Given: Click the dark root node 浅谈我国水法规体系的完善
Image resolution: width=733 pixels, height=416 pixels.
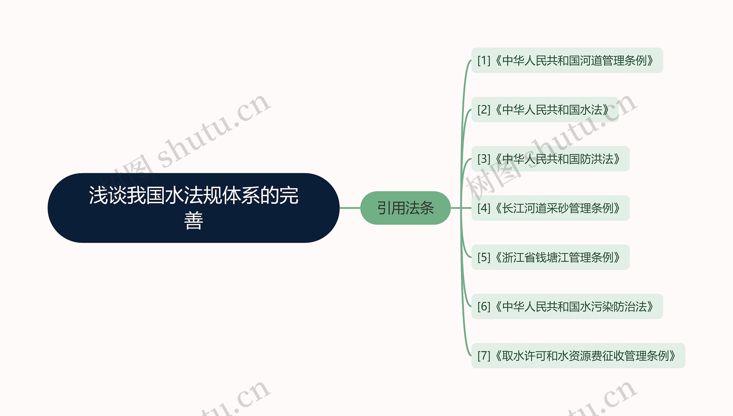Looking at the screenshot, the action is [193, 208].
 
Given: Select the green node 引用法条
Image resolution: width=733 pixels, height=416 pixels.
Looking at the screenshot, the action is [405, 208].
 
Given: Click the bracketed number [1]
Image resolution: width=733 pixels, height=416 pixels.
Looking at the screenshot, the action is [484, 60].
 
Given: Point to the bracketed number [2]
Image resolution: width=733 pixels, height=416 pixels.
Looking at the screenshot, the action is [484, 110].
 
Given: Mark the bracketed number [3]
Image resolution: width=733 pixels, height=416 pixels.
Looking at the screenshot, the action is [484, 159].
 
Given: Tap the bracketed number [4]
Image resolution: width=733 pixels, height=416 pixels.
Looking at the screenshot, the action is [484, 208].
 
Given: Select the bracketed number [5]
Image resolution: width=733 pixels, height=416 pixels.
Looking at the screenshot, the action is [484, 257].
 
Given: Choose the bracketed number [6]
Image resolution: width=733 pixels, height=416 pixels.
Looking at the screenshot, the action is [484, 307].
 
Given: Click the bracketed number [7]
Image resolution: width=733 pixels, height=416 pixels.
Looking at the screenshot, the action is [484, 356].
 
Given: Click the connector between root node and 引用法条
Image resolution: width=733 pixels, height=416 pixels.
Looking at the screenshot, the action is [350, 208].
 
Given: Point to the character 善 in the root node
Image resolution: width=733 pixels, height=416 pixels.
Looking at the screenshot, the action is [194, 220].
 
